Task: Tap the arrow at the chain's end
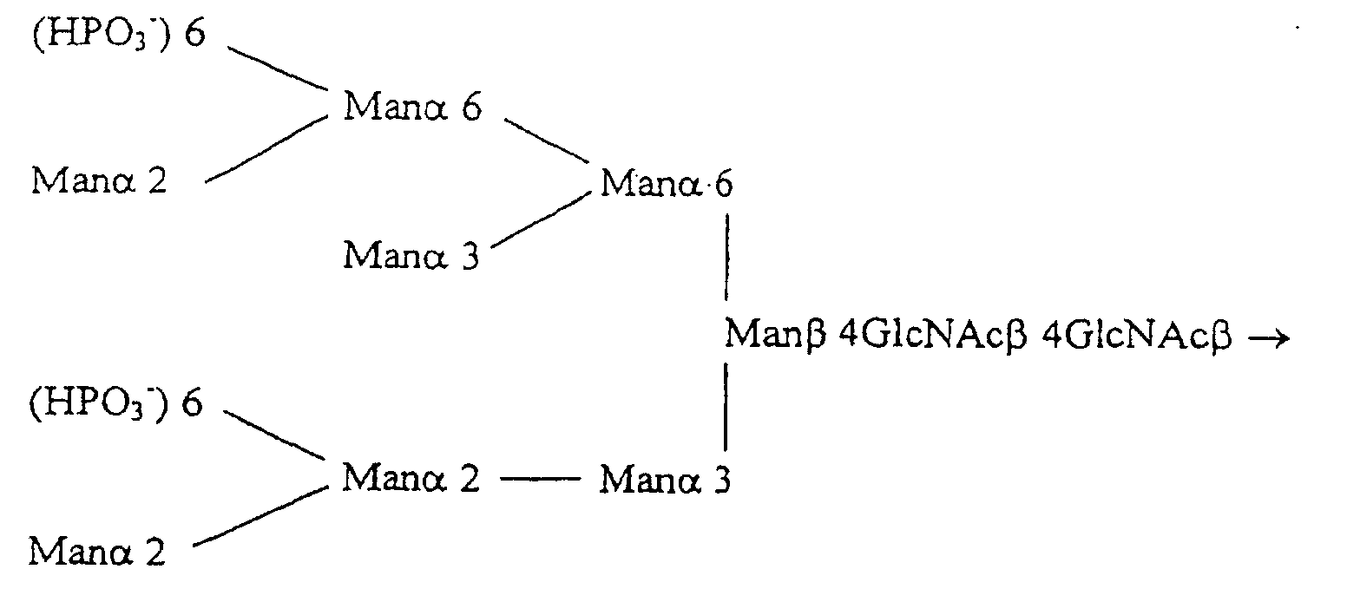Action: pos(1269,337)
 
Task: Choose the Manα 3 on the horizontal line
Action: pos(665,479)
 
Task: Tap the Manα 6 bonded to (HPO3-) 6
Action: pos(412,108)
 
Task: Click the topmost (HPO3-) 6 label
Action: pos(119,37)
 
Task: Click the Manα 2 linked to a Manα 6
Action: pos(99,181)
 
